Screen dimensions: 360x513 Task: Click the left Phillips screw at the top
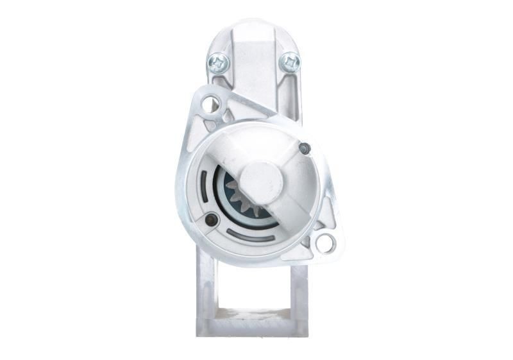(217, 62)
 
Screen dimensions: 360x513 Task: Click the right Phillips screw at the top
(290, 62)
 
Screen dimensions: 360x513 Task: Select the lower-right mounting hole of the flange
(325, 243)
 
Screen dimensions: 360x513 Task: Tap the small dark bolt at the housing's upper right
(305, 149)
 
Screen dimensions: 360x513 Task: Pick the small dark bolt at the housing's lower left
(211, 220)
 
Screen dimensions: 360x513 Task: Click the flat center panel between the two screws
(253, 71)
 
